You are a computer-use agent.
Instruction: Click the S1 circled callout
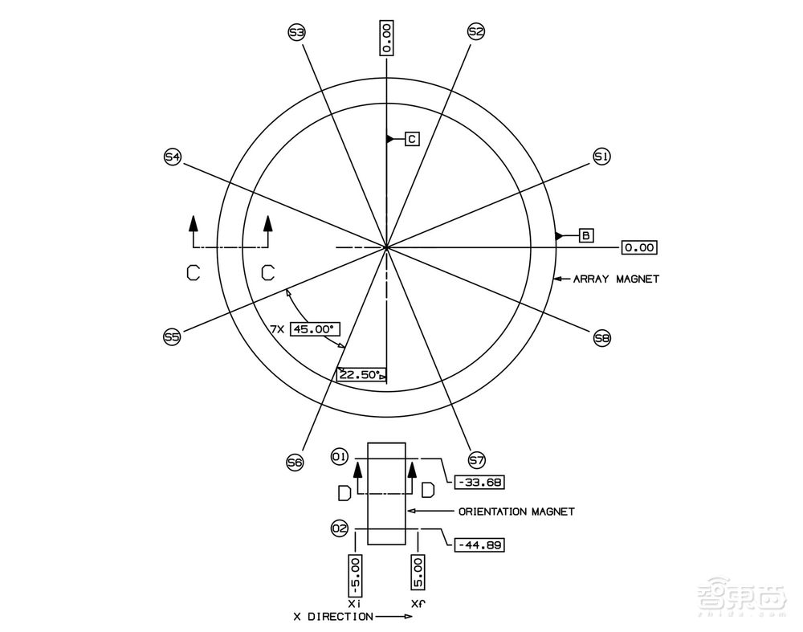tap(601, 157)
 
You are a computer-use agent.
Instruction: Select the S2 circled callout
tap(475, 32)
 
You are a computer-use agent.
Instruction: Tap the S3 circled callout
tap(297, 33)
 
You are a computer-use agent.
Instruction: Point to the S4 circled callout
tap(172, 157)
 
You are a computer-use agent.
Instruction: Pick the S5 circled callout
tap(172, 337)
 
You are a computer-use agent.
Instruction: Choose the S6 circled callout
tap(295, 463)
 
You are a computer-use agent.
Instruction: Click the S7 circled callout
tap(477, 460)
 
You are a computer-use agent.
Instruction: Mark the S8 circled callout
tap(602, 338)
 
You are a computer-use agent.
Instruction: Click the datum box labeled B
tap(586, 235)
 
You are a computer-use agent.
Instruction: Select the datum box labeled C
tap(412, 139)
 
